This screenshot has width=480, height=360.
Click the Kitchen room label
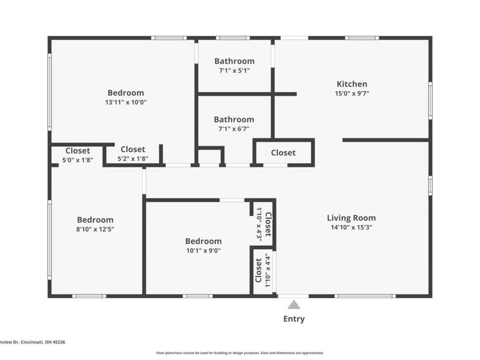(x=352, y=84)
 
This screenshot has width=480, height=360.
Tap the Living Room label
(x=351, y=218)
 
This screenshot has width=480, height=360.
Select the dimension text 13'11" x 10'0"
(x=125, y=103)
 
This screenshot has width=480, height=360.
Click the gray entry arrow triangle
(x=293, y=305)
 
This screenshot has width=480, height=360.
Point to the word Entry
(x=293, y=319)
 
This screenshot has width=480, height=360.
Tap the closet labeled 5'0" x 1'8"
(x=77, y=151)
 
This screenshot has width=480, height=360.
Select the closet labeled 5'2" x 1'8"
(x=133, y=149)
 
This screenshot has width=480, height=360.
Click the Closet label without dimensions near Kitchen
(x=283, y=152)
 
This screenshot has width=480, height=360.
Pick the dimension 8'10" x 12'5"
(x=95, y=229)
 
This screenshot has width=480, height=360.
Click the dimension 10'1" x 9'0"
(x=203, y=251)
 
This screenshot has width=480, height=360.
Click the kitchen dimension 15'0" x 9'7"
(x=352, y=94)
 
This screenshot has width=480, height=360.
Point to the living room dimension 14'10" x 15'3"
(x=351, y=227)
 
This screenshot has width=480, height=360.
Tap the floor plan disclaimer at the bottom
(x=240, y=353)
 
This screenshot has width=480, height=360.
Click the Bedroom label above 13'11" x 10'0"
(x=125, y=92)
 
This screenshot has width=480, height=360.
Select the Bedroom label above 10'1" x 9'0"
(x=203, y=241)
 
